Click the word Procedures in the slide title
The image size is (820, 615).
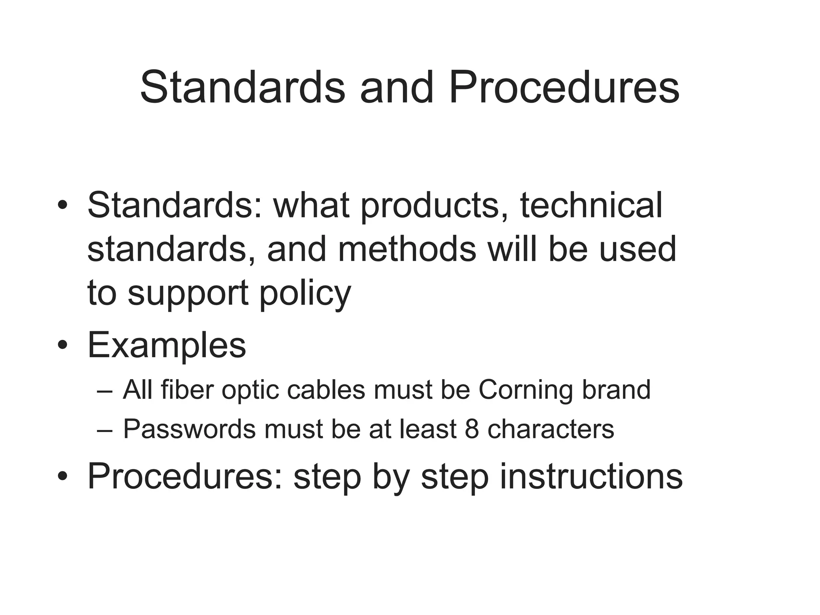click(564, 87)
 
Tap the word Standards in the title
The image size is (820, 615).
click(243, 87)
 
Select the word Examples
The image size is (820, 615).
click(167, 345)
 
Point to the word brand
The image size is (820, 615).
click(616, 389)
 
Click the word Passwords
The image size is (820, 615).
click(189, 429)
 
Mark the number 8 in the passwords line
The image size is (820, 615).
click(472, 429)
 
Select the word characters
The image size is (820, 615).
click(551, 429)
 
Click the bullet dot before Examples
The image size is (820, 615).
click(62, 345)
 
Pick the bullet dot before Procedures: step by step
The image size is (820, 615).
click(62, 476)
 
